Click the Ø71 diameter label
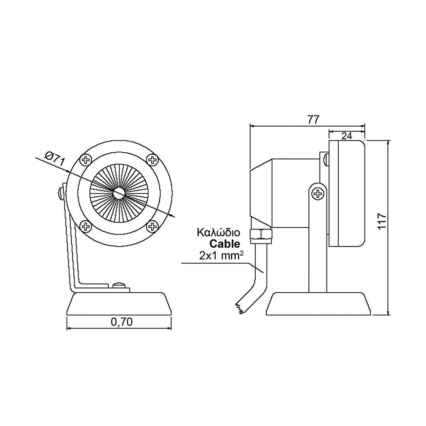(x=55, y=159)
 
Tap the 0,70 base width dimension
(x=121, y=322)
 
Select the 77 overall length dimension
(x=313, y=120)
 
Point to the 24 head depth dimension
(x=347, y=136)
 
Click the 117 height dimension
(x=382, y=221)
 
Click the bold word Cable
(x=225, y=244)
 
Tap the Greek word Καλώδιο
(x=219, y=233)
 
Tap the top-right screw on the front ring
(x=153, y=159)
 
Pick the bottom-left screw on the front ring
(x=86, y=226)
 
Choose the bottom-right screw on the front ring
(x=153, y=226)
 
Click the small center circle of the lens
(x=119, y=192)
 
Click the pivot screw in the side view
(x=317, y=194)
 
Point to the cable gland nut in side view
(x=261, y=234)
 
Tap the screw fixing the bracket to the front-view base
(x=120, y=285)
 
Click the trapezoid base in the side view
(x=318, y=304)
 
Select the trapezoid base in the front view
(x=119, y=304)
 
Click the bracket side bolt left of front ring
(x=60, y=193)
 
